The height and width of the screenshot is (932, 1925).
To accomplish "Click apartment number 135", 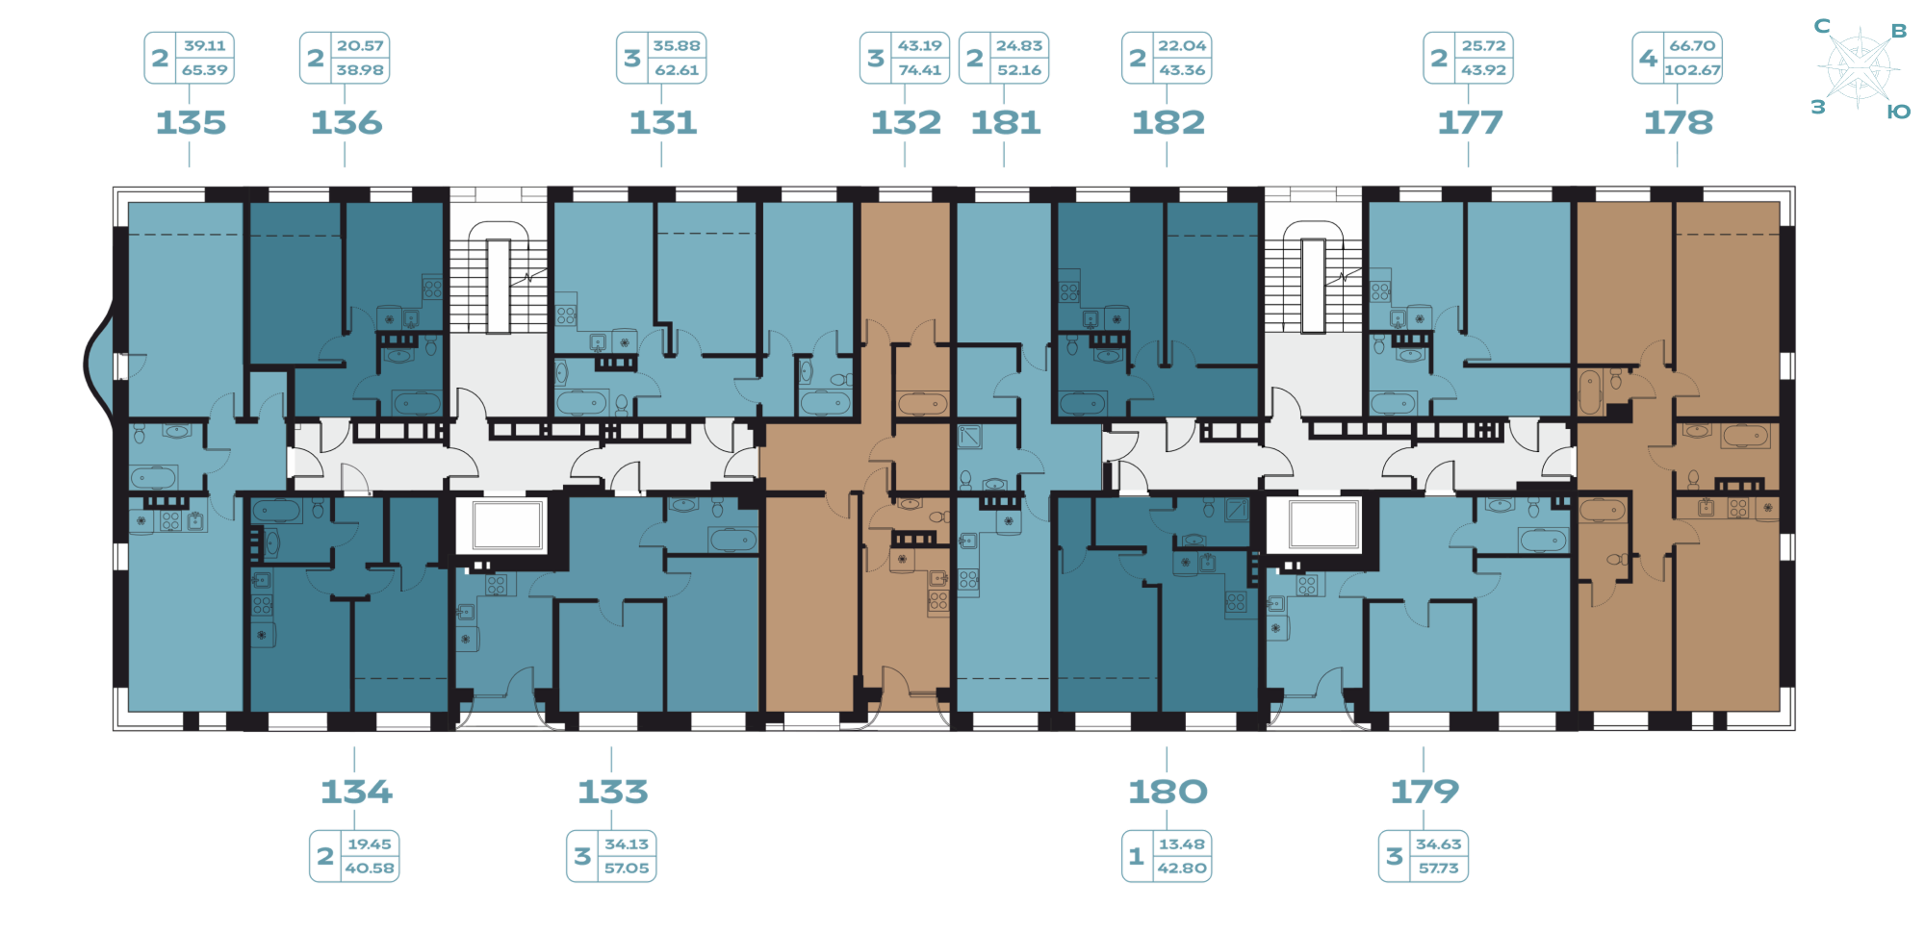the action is pos(191,123).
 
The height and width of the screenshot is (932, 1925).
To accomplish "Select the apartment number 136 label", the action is pos(346,123).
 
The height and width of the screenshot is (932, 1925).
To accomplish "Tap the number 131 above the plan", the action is pos(663,123).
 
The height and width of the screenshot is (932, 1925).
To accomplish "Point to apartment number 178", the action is pos(1679,123).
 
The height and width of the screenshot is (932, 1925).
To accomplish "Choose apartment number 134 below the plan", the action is pos(356,793).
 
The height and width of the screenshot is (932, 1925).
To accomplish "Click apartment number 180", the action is pos(1168,793).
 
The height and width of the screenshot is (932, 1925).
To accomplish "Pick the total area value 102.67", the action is pos(1692,70).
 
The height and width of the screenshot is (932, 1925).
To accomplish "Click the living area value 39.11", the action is pos(205,45).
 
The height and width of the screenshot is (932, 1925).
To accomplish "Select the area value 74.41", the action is pos(919,70).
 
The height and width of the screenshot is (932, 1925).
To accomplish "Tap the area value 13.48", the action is pos(1181,844).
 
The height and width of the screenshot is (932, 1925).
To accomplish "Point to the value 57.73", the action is pos(1438,869).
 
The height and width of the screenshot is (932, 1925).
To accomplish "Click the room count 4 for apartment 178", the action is pos(1649,58).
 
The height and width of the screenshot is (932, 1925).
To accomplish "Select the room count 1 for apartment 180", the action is pos(1137,856).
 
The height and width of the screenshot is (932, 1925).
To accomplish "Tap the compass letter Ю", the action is pos(1898,112).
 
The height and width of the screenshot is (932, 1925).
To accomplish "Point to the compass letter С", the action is pos(1822,26).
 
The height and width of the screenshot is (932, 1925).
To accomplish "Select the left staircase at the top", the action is pos(499,279).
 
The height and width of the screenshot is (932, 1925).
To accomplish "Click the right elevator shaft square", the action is pos(1323,525).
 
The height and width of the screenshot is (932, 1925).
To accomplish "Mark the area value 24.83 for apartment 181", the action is pos(1018,45).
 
